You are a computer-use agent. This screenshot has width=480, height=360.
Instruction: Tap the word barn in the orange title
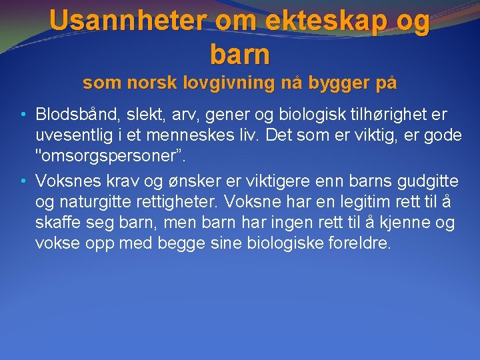(x=240, y=54)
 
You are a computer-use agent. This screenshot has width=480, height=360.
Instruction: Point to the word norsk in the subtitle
(x=145, y=83)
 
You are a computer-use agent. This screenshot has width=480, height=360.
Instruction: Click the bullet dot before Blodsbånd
(x=23, y=114)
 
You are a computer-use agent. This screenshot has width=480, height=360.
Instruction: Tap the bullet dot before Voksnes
(x=23, y=181)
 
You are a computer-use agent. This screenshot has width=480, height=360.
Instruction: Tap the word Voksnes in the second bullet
(x=66, y=181)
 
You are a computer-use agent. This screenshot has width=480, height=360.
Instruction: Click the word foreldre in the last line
(x=360, y=243)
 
